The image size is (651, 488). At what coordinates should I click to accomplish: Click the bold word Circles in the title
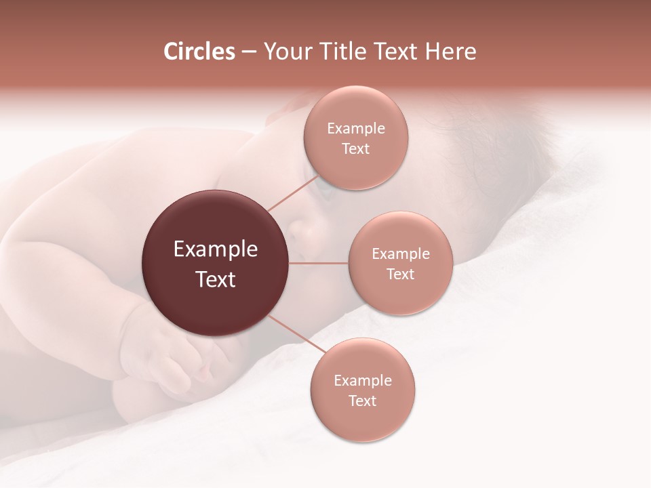point(199,52)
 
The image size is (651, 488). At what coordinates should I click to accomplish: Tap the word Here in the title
point(451,52)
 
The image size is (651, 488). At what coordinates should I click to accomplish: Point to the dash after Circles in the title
point(249,52)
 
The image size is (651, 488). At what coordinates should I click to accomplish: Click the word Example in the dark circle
point(216,249)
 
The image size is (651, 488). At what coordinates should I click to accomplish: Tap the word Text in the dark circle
point(216,279)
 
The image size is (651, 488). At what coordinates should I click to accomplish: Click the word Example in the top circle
point(356,129)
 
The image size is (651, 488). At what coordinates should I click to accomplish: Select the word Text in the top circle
point(356,149)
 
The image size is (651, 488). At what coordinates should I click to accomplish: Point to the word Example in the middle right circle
point(401,254)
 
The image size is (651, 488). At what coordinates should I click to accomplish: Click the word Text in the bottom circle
point(362,401)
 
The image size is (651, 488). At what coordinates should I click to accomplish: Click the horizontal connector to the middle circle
point(319,263)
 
